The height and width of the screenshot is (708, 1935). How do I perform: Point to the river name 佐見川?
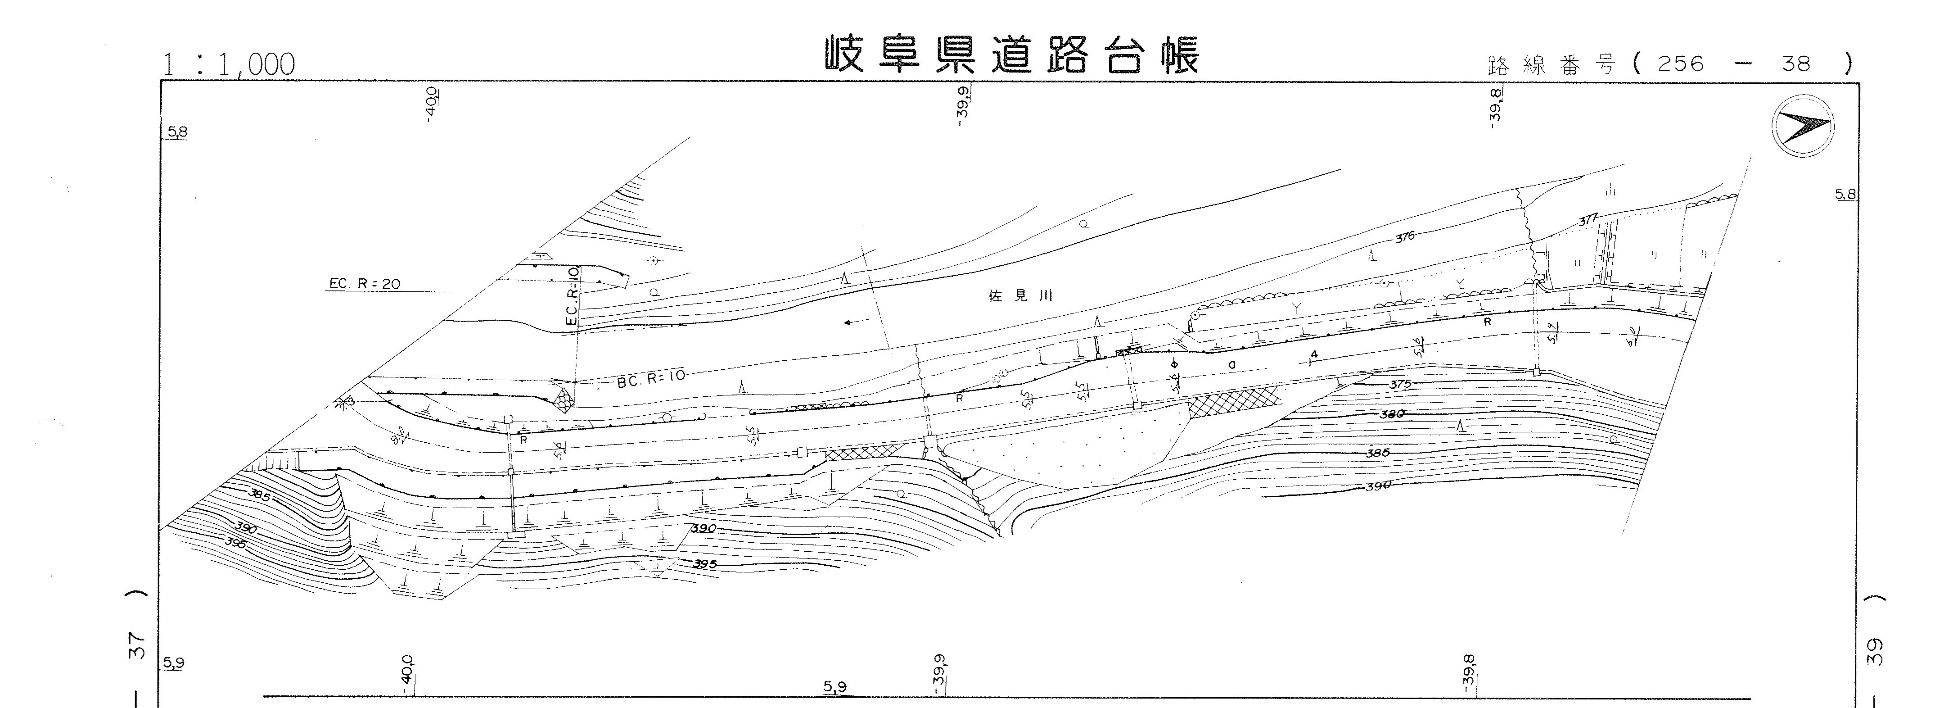point(1020,296)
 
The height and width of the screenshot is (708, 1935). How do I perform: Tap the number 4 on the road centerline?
point(1313,355)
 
